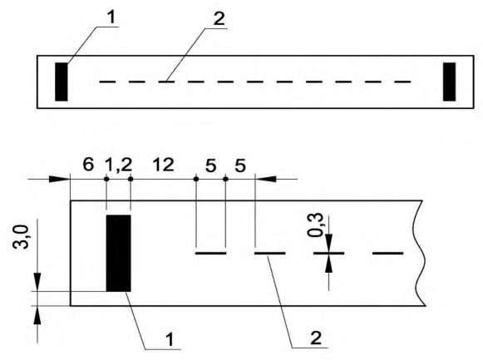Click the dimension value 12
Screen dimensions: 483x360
click(164, 165)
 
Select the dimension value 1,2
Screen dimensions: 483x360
click(119, 165)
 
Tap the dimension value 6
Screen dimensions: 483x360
click(88, 165)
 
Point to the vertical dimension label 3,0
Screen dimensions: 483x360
click(21, 236)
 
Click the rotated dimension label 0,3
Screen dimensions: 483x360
click(315, 224)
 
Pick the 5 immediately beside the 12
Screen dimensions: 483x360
click(210, 166)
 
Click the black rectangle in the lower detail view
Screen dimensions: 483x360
click(119, 253)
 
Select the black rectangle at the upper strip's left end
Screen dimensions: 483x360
click(62, 82)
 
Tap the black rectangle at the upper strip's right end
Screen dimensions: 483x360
click(449, 82)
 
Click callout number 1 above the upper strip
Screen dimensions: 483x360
click(111, 17)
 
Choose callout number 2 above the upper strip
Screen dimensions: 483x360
click(219, 19)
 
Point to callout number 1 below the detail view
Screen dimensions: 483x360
click(170, 340)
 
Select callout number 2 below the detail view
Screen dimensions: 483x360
click(316, 338)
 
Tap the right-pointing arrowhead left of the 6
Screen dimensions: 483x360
click(59, 179)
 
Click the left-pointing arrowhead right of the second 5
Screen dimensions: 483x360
click(266, 179)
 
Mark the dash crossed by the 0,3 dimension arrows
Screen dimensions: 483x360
click(329, 253)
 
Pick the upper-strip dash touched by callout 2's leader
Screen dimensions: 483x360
click(166, 81)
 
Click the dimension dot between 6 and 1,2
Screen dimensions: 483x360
click(106, 179)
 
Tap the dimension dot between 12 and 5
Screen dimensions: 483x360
click(196, 179)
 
